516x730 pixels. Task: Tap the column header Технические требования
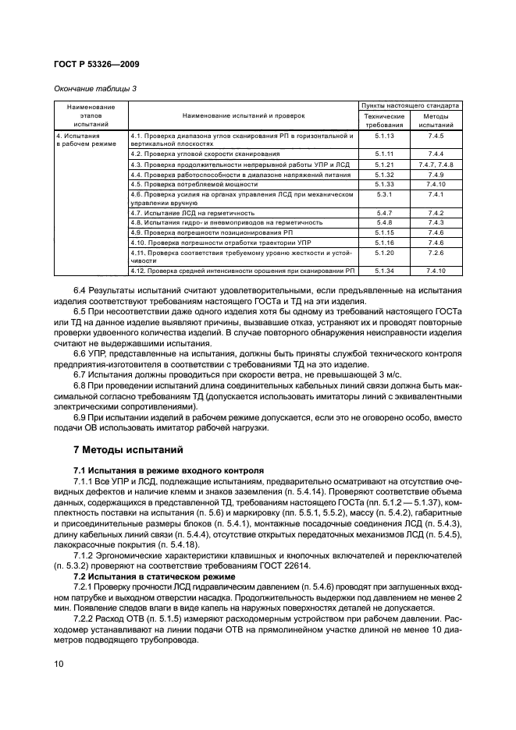click(383, 119)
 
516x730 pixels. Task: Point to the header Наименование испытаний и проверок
click(244, 115)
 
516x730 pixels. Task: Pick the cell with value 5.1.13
click(383, 136)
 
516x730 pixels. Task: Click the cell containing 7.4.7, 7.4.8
click(436, 165)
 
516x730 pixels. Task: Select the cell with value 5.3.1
click(383, 193)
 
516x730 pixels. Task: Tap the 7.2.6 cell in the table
click(436, 253)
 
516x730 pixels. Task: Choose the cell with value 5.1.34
click(383, 271)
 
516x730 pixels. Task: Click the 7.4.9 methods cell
click(436, 174)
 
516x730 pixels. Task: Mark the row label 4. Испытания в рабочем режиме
click(91, 140)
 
